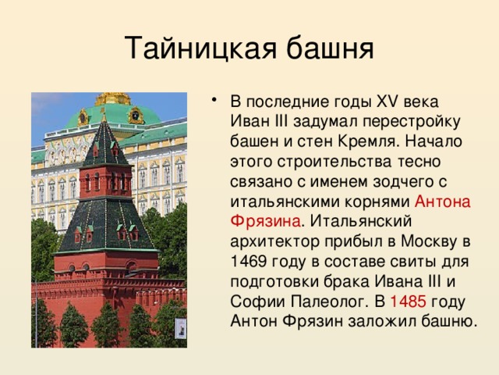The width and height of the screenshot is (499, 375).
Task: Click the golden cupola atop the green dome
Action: click(114, 98)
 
